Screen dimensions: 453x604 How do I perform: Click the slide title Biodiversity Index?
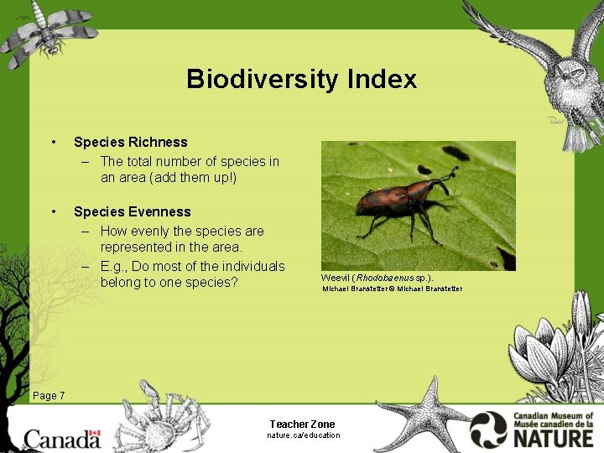(x=301, y=79)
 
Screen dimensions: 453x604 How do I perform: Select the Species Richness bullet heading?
(x=130, y=142)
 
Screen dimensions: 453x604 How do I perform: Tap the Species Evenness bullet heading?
(x=132, y=211)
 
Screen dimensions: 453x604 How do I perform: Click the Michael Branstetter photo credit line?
(x=392, y=289)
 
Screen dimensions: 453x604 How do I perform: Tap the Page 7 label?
(x=48, y=396)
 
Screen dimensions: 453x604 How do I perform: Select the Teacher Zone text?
(x=302, y=424)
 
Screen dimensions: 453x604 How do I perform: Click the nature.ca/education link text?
(x=303, y=435)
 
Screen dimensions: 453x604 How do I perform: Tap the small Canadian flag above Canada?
(x=94, y=434)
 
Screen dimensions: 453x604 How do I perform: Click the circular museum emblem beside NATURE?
(x=488, y=430)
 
